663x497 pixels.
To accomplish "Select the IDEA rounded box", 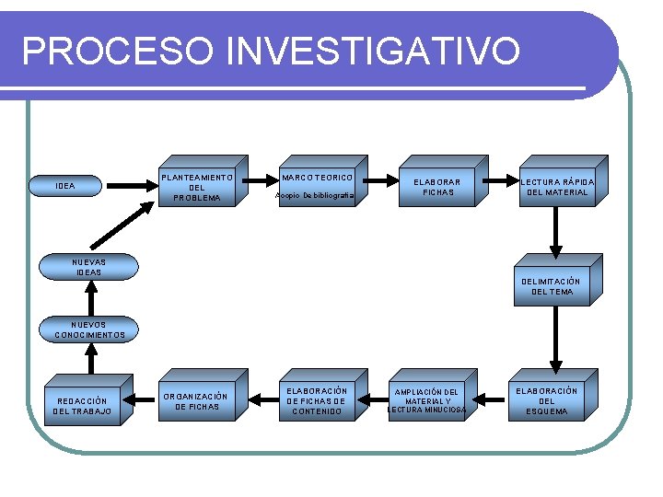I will [x=65, y=187].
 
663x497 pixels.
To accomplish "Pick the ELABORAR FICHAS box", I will [x=437, y=187].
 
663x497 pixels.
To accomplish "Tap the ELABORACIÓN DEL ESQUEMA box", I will [x=546, y=401].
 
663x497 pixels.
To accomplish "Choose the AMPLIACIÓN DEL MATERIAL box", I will [x=425, y=401].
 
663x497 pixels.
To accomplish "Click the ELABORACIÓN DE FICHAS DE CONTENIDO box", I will [x=316, y=401].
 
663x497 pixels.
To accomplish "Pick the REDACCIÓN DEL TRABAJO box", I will [x=83, y=406].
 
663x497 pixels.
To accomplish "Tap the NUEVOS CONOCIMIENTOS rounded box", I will [x=90, y=329].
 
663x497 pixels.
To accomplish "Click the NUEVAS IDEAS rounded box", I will [x=90, y=267].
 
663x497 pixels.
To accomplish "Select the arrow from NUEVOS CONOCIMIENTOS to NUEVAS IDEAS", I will [x=90, y=298].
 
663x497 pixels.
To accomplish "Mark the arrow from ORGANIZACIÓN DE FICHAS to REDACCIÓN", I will [x=139, y=399].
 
